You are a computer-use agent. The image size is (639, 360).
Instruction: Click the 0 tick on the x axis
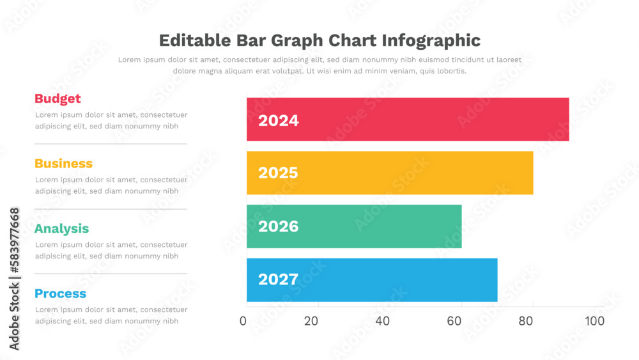(243, 320)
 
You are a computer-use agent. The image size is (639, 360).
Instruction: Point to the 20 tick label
(311, 320)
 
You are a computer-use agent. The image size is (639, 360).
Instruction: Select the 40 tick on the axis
(383, 320)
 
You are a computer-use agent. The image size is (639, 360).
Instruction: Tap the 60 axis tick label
(454, 320)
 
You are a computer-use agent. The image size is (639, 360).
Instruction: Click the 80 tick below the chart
(526, 320)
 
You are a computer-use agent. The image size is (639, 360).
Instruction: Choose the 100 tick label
(594, 320)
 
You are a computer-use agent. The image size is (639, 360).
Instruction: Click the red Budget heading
(58, 98)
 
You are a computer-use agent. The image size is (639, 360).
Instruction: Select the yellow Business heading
(63, 164)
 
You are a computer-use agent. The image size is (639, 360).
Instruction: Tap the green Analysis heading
(61, 229)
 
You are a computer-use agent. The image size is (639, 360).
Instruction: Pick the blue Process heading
(60, 293)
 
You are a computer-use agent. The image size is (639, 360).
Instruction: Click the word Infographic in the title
(431, 40)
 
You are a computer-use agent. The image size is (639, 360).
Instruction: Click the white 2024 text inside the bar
(278, 120)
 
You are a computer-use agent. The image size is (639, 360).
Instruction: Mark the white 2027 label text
(278, 279)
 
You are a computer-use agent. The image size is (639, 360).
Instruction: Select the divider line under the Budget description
(110, 144)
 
